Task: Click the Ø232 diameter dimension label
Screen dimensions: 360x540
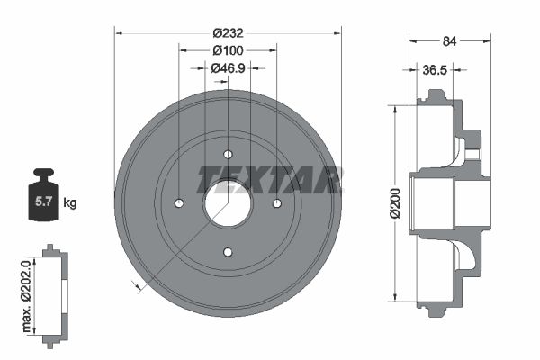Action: pos(228,32)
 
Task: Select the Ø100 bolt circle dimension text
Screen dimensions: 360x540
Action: pos(228,50)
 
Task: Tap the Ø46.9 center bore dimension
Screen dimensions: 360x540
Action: pos(228,67)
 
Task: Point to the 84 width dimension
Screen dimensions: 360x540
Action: pos(450,39)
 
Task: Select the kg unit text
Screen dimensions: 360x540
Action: pos(70,203)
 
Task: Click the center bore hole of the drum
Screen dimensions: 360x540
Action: pos(228,202)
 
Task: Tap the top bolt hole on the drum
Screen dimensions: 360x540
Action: pos(228,153)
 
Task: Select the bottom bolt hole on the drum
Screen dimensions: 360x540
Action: pos(228,251)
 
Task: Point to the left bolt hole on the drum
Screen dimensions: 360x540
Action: pos(179,202)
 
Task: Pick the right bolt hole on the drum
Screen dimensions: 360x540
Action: pos(276,202)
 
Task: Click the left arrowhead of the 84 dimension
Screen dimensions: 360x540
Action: pos(413,39)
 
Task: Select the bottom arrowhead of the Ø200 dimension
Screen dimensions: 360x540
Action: pos(394,296)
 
